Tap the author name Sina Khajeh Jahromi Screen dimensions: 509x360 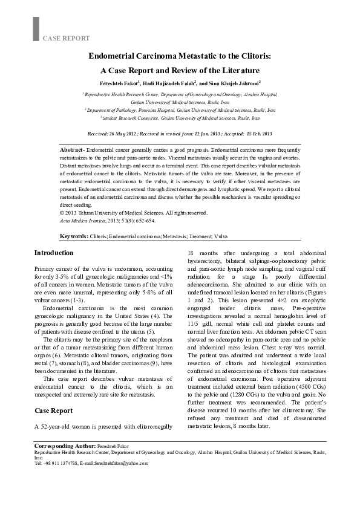click(x=234, y=83)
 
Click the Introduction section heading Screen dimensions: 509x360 click(x=54, y=253)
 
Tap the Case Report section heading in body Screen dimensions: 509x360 click(x=53, y=410)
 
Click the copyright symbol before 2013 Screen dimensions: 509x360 click(x=62, y=213)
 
